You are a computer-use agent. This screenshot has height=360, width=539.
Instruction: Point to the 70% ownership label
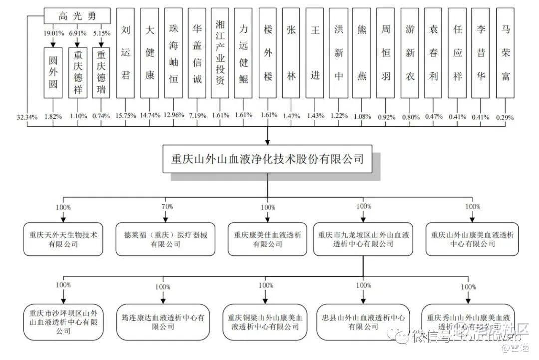(x=167, y=206)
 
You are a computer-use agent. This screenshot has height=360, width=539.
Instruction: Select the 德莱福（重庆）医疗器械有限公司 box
(x=163, y=239)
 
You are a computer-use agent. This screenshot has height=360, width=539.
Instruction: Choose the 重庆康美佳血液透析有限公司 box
(x=268, y=239)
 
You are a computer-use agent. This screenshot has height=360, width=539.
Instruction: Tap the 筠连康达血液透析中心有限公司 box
(x=163, y=322)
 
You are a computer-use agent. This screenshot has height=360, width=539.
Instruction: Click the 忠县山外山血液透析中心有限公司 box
(x=363, y=322)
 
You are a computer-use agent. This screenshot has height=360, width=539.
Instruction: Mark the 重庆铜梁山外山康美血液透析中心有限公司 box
(x=265, y=322)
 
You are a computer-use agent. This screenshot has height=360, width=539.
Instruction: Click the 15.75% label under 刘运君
(x=126, y=116)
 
